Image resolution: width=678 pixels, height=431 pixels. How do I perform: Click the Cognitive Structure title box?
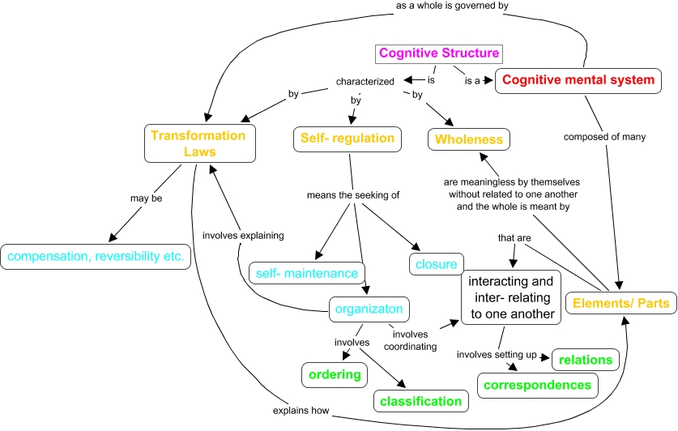point(439,54)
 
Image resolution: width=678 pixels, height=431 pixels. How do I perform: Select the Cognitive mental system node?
point(578,80)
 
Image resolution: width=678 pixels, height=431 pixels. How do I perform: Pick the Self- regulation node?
point(348,139)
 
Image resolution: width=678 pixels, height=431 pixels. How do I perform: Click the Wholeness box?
point(469,139)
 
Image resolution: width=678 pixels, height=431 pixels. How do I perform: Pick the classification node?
point(421,400)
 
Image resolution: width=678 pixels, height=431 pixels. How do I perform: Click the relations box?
point(586,359)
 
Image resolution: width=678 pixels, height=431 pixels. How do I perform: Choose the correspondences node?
point(537,384)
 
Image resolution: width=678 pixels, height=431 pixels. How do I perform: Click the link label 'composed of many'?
point(605,137)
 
